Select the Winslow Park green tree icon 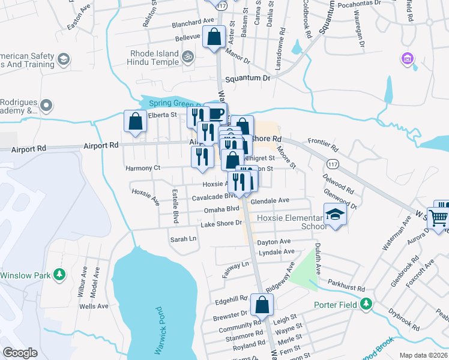[59, 275]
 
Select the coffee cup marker [215, 113]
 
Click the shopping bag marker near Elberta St [136, 121]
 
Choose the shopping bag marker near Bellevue [214, 38]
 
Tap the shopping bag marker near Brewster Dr [262, 304]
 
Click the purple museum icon [408, 59]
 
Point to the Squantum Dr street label [247, 78]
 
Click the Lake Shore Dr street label [221, 224]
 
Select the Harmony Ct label [143, 169]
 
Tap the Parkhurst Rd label [348, 289]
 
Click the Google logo [20, 353]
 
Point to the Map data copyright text [423, 355]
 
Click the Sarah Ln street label [184, 239]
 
